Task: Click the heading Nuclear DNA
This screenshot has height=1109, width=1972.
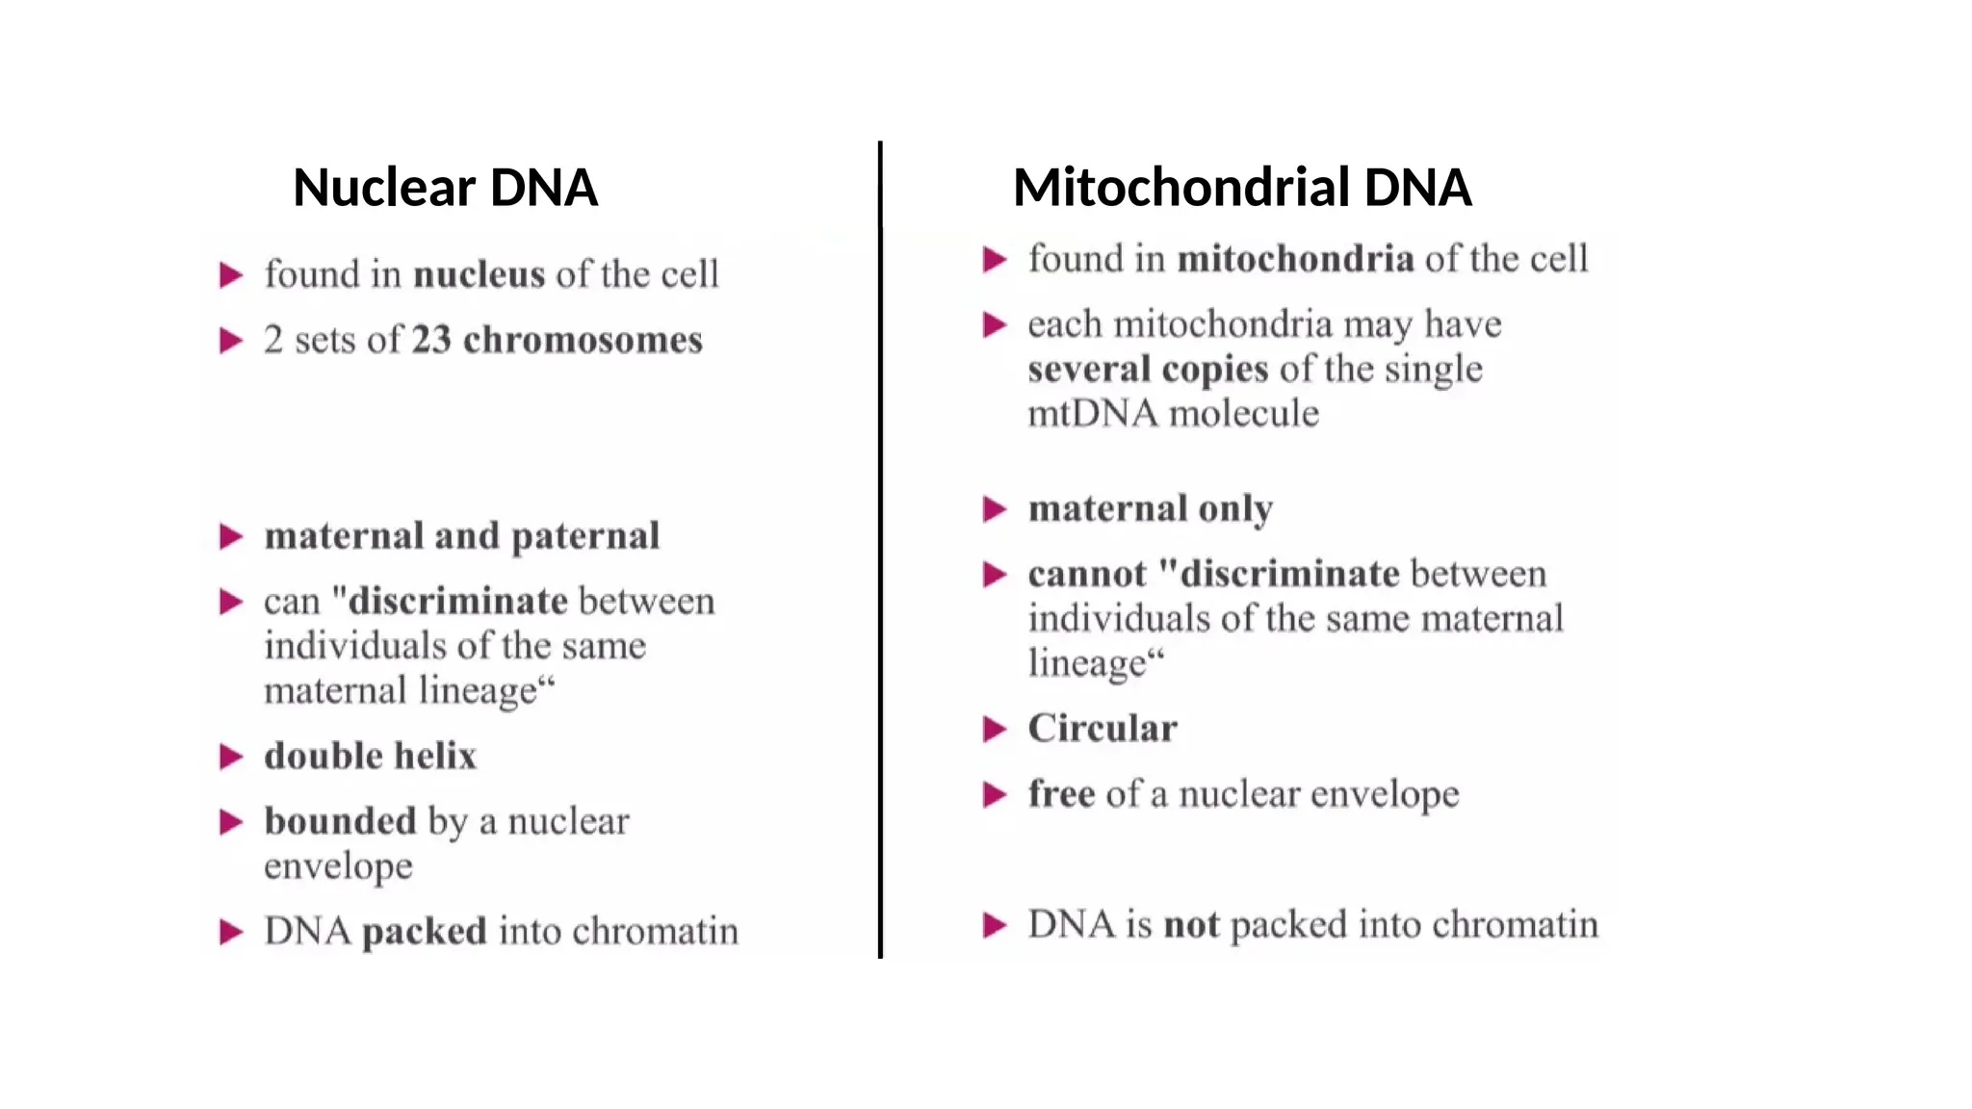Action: (445, 187)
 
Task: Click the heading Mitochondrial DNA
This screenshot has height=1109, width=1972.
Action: (1242, 187)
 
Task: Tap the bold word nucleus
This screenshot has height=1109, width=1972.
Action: (479, 274)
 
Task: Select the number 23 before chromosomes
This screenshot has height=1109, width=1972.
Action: (431, 340)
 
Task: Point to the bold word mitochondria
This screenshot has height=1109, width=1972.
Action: (1295, 259)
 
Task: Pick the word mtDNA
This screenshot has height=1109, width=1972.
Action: (1092, 414)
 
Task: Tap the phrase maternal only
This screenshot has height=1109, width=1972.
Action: (1151, 508)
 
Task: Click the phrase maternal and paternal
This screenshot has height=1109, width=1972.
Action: (462, 536)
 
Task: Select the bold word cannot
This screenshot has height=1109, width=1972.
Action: (1087, 574)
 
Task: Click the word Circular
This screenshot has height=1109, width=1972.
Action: (1103, 729)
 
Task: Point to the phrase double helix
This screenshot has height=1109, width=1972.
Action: (371, 757)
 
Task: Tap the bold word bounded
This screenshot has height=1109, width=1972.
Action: (340, 821)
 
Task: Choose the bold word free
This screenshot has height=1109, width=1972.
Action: (1061, 794)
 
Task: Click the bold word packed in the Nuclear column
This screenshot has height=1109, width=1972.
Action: (425, 932)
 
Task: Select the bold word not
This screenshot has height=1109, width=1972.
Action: (1191, 925)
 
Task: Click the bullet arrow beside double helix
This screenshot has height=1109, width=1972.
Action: (231, 757)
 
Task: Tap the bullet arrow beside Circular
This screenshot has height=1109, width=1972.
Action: (995, 730)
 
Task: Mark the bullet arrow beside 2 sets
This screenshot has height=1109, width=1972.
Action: (231, 341)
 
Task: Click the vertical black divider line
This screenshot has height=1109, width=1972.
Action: (880, 549)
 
